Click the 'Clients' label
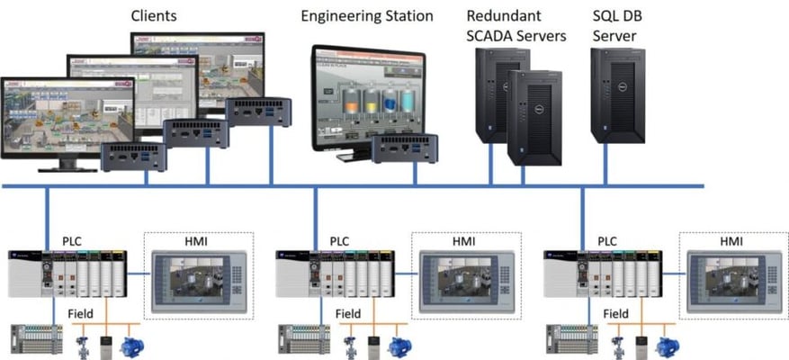(154, 15)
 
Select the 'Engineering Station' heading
(366, 16)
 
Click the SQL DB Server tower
(619, 95)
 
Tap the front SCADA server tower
(534, 117)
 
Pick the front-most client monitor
(67, 116)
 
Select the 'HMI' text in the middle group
(465, 242)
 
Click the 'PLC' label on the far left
(73, 242)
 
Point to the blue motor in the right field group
(667, 346)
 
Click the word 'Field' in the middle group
(347, 313)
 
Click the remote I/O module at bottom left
(36, 339)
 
